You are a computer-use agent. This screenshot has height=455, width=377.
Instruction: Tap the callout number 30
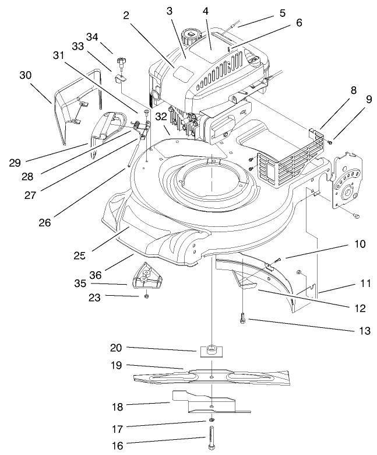click(x=25, y=76)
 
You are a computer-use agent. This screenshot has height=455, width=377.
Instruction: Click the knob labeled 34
click(x=122, y=61)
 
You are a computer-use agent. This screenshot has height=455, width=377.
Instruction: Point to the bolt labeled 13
click(x=242, y=318)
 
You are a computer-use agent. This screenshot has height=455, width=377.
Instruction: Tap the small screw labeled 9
click(x=330, y=140)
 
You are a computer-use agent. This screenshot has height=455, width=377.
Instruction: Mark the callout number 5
click(x=282, y=12)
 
